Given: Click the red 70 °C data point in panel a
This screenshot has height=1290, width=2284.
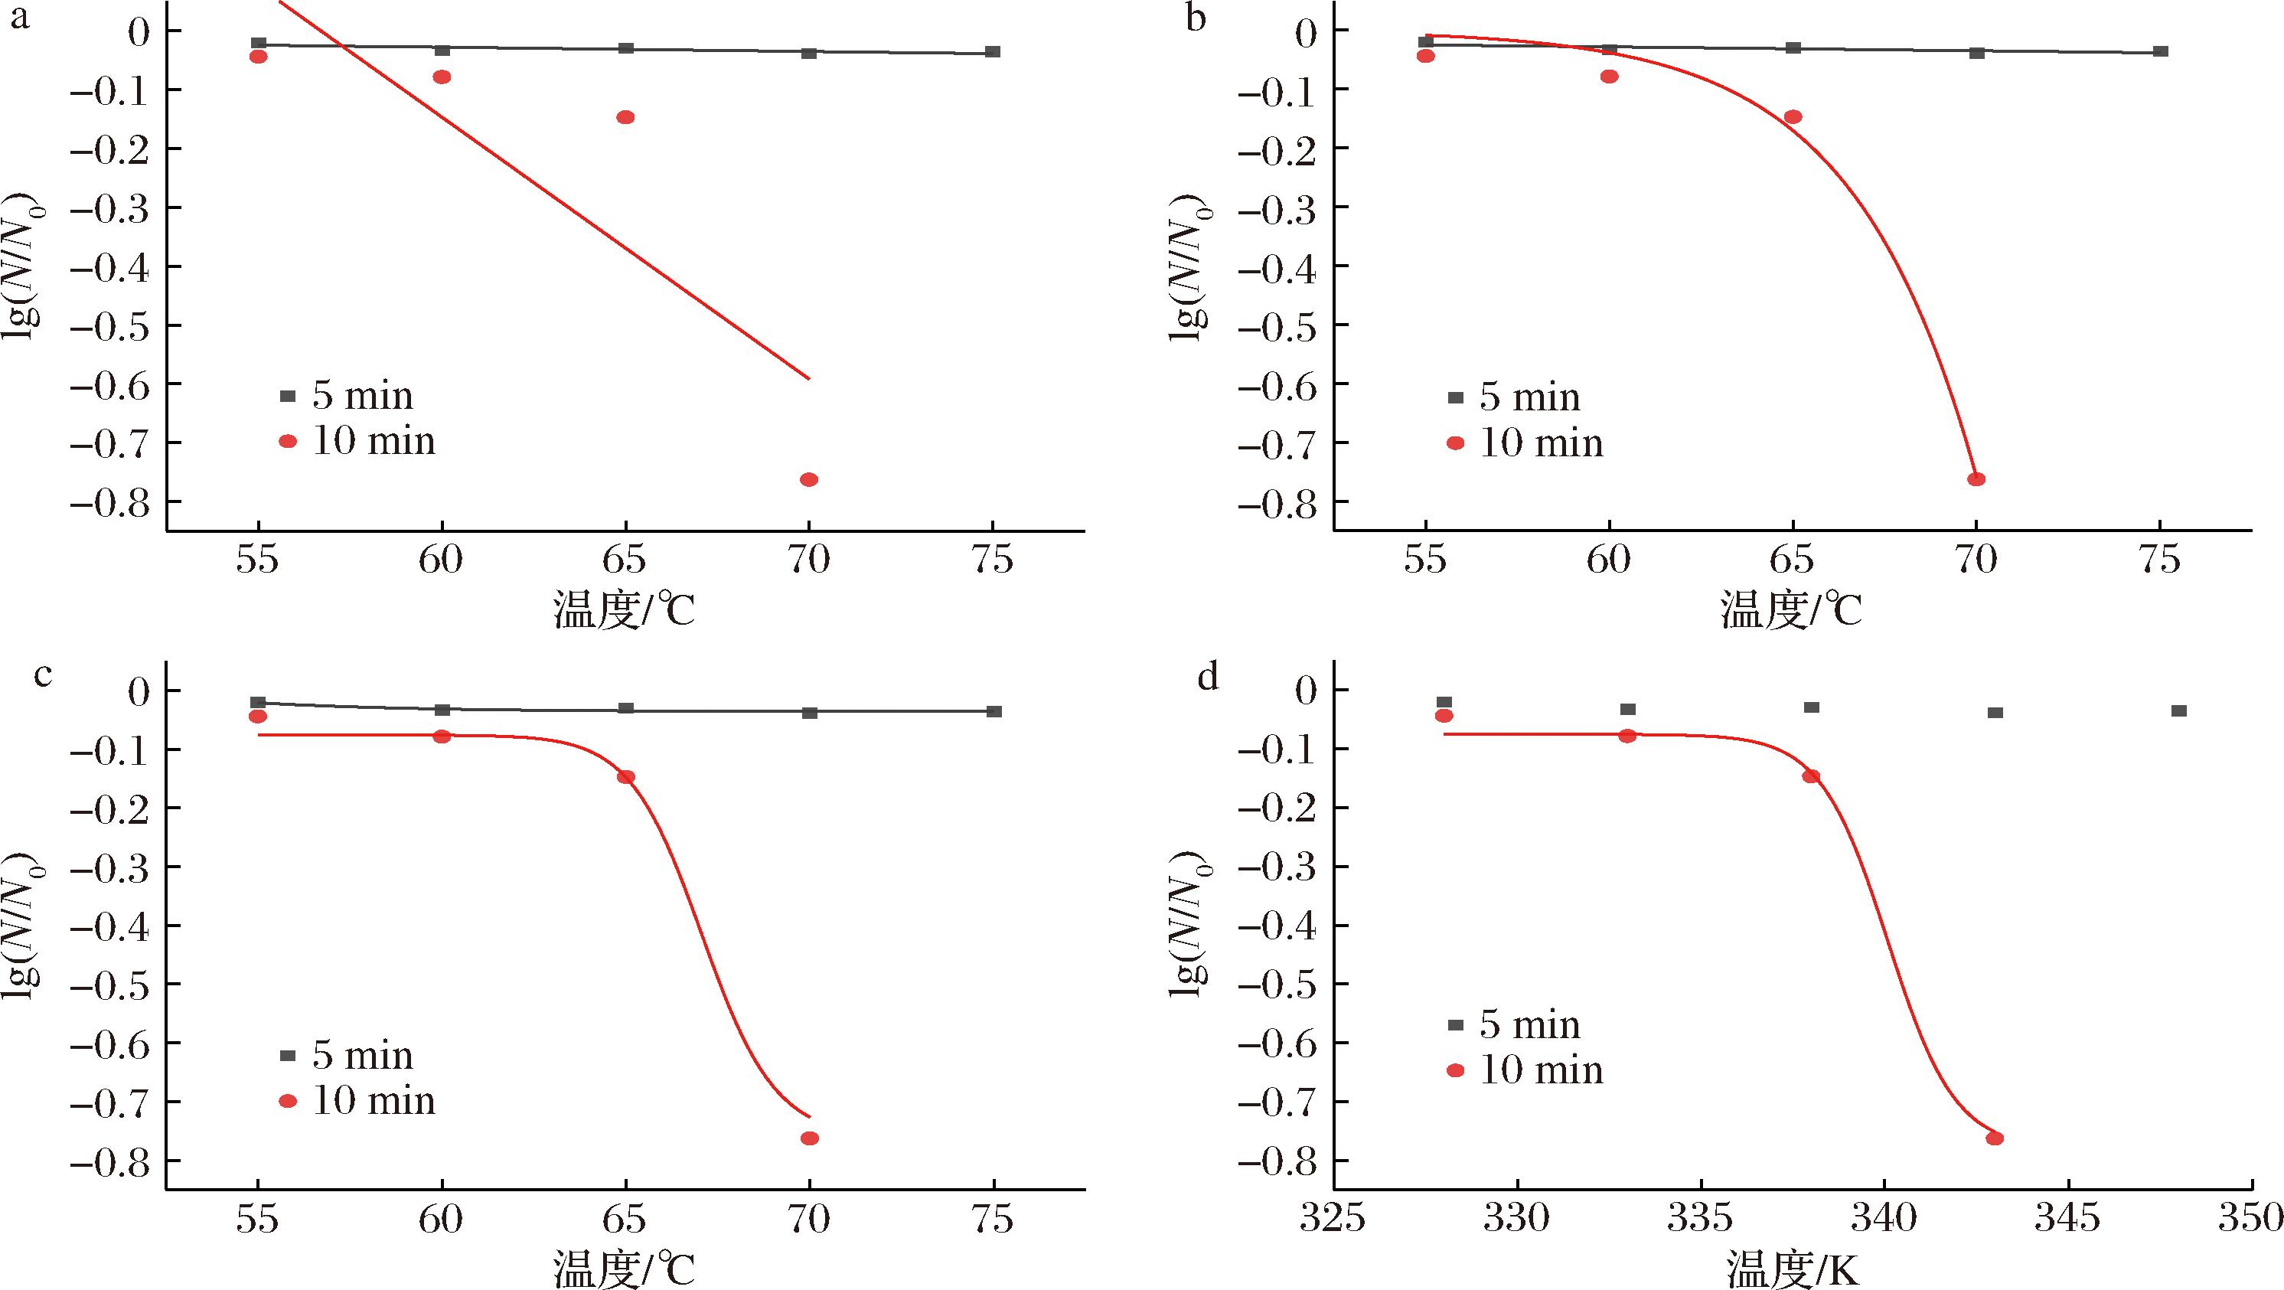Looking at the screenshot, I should (808, 480).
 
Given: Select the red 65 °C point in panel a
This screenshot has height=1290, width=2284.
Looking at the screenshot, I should (625, 117).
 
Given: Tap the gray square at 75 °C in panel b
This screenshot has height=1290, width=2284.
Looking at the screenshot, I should (2160, 51).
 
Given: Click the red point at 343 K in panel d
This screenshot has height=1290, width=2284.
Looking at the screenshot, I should (1995, 1138).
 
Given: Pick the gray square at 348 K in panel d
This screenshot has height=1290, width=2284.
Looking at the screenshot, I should (2178, 711).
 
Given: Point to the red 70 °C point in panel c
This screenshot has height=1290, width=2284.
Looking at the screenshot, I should (808, 1138).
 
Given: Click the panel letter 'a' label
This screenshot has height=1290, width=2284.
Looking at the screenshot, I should (19, 16).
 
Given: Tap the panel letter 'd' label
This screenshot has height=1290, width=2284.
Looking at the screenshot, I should (1208, 677).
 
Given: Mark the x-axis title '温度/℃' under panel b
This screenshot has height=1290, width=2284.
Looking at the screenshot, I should (1791, 611).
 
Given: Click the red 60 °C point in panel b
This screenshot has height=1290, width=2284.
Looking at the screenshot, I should (1609, 77).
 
